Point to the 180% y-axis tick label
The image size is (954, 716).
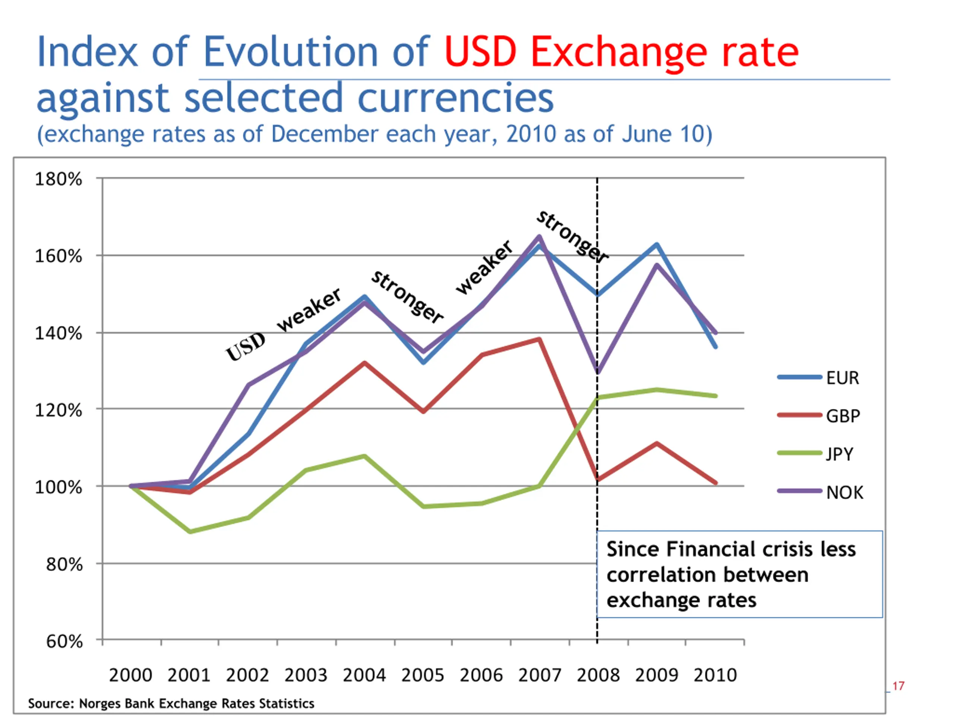pos(58,179)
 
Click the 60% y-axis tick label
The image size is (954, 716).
pos(64,641)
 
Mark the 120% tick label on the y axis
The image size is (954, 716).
pos(58,410)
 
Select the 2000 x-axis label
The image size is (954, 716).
pos(130,675)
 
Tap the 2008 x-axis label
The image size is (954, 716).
pos(598,675)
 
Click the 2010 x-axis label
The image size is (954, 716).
pos(715,675)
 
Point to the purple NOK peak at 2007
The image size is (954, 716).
pos(539,236)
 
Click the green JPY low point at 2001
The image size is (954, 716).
pos(190,531)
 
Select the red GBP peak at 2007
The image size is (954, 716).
pos(539,339)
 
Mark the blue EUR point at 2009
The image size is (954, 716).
pos(656,244)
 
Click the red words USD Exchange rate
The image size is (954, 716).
pos(621,53)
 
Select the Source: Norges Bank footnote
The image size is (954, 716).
pos(171,703)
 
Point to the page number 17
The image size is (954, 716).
pos(898,686)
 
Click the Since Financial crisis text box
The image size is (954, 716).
pos(739,574)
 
